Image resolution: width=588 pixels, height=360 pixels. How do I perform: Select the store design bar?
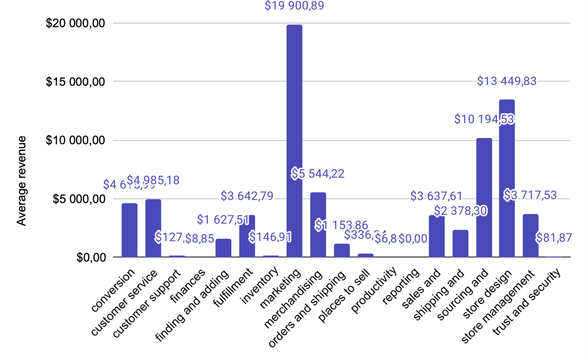click(507, 178)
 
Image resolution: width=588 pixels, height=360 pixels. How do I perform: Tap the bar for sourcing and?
click(484, 197)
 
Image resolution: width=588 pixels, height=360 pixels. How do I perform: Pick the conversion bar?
click(129, 230)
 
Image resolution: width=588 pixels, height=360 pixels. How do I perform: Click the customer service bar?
click(153, 228)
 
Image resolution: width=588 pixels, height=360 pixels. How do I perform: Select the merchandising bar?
click(318, 225)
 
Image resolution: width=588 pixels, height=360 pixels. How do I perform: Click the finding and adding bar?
click(223, 248)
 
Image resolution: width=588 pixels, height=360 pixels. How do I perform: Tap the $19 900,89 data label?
click(294, 6)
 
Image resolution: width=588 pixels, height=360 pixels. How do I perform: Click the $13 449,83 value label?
click(506, 81)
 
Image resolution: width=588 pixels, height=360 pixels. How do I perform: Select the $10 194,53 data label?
click(484, 119)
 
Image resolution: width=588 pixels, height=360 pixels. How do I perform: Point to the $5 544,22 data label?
click(318, 174)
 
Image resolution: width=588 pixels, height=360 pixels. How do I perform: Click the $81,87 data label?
click(554, 238)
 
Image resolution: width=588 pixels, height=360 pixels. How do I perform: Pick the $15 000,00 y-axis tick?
click(75, 81)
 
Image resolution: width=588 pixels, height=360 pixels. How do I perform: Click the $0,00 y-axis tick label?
click(91, 257)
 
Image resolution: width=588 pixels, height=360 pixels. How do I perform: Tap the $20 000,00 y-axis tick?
click(75, 23)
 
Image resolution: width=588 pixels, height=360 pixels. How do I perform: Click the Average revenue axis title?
click(21, 181)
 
